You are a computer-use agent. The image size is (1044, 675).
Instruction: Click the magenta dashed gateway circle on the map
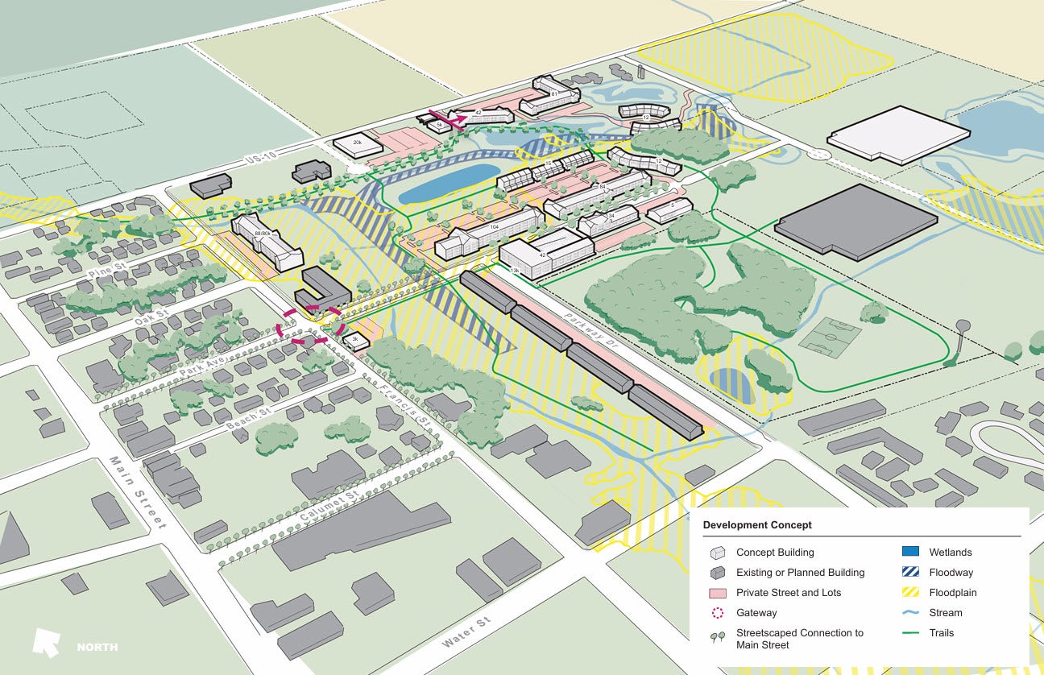(311, 326)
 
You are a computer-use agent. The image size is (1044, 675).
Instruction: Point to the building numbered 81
(553, 93)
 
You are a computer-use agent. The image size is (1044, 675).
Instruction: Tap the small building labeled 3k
(354, 342)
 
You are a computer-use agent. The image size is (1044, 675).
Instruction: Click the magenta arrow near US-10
(448, 119)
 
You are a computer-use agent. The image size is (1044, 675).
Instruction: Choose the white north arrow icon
(46, 642)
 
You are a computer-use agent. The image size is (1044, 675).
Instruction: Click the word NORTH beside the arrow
(97, 647)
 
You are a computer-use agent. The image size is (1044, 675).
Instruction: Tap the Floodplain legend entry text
(951, 593)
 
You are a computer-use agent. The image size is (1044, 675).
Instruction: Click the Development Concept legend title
(757, 525)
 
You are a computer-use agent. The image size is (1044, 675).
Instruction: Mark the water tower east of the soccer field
(959, 330)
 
